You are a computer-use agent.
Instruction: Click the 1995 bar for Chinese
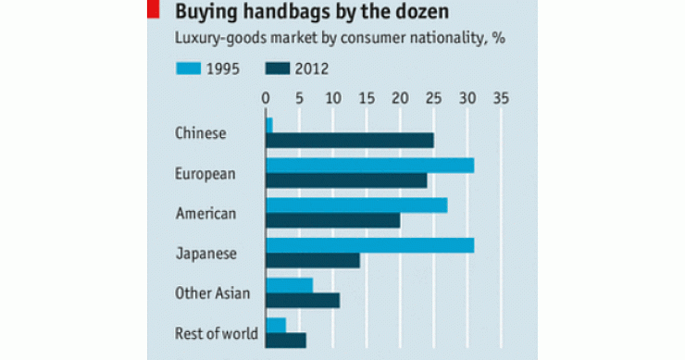(x=269, y=125)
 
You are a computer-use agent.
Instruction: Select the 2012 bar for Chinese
(x=349, y=140)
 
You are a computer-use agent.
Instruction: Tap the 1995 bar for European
(x=369, y=165)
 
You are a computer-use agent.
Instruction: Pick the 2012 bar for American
(x=332, y=220)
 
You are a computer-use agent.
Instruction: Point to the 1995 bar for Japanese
(x=369, y=245)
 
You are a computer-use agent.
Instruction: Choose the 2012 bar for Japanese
(x=312, y=260)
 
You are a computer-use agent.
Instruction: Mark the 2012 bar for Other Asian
(x=303, y=300)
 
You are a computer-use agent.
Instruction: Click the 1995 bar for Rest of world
(x=276, y=325)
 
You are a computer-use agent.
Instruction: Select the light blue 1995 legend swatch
(x=193, y=68)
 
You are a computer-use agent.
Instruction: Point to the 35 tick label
(x=502, y=96)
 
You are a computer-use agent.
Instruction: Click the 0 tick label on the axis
(x=266, y=96)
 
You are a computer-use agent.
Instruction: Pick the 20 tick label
(x=401, y=96)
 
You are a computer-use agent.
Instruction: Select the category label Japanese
(x=206, y=253)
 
